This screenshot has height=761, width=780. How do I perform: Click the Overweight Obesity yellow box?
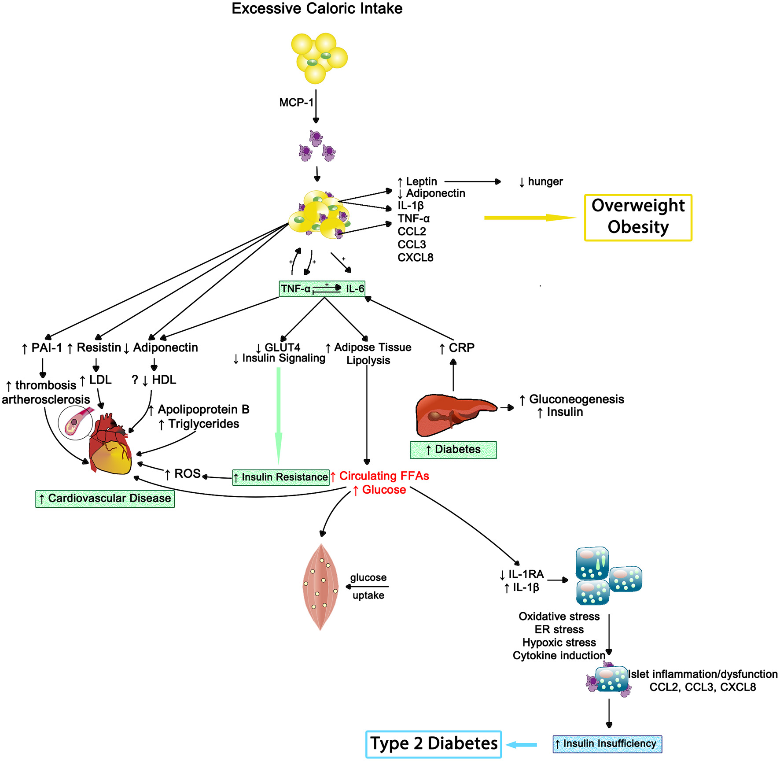[x=638, y=218]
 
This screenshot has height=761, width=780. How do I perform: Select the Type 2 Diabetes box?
[x=434, y=744]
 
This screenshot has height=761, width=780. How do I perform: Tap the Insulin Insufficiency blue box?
[x=607, y=744]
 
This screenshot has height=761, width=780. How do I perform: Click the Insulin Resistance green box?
[x=281, y=477]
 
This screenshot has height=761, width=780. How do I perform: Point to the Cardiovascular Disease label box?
[x=105, y=499]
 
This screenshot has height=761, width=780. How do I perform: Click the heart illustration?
[x=110, y=445]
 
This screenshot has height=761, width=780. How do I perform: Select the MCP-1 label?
[x=296, y=103]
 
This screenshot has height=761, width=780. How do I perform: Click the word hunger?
[x=545, y=181]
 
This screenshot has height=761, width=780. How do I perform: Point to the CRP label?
[x=461, y=348]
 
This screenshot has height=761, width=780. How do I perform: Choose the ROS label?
[x=188, y=474]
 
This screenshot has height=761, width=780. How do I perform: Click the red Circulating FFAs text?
[x=384, y=476]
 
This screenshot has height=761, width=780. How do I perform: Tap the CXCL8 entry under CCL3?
[x=415, y=258]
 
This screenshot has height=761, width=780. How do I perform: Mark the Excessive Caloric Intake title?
[x=317, y=8]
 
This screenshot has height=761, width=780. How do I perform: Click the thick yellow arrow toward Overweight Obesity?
[x=528, y=218]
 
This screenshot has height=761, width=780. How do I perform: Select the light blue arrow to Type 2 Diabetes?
[x=522, y=745]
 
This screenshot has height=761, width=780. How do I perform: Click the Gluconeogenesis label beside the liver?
[x=576, y=399]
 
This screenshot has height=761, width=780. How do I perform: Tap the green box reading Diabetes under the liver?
[x=453, y=450]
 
